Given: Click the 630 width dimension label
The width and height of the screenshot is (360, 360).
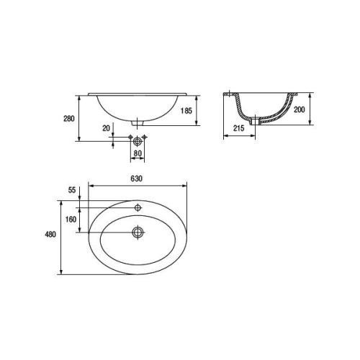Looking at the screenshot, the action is pyautogui.click(x=136, y=179).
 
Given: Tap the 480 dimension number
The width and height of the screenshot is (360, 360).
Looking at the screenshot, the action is pyautogui.click(x=50, y=234).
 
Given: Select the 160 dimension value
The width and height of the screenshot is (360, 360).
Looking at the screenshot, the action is pyautogui.click(x=71, y=219).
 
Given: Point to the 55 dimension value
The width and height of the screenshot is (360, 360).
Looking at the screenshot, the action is pyautogui.click(x=72, y=190).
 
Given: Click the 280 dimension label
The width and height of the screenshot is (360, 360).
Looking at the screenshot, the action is pyautogui.click(x=69, y=119).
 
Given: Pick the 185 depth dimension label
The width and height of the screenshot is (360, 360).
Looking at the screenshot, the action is pyautogui.click(x=186, y=111).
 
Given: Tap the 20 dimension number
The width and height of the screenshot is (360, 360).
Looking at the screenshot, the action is pyautogui.click(x=106, y=128).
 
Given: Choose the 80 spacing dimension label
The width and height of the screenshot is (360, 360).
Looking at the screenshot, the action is pyautogui.click(x=138, y=153).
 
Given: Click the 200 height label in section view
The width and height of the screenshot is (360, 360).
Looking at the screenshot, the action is pyautogui.click(x=300, y=109).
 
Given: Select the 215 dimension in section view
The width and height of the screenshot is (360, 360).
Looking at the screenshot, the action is pyautogui.click(x=239, y=128).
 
